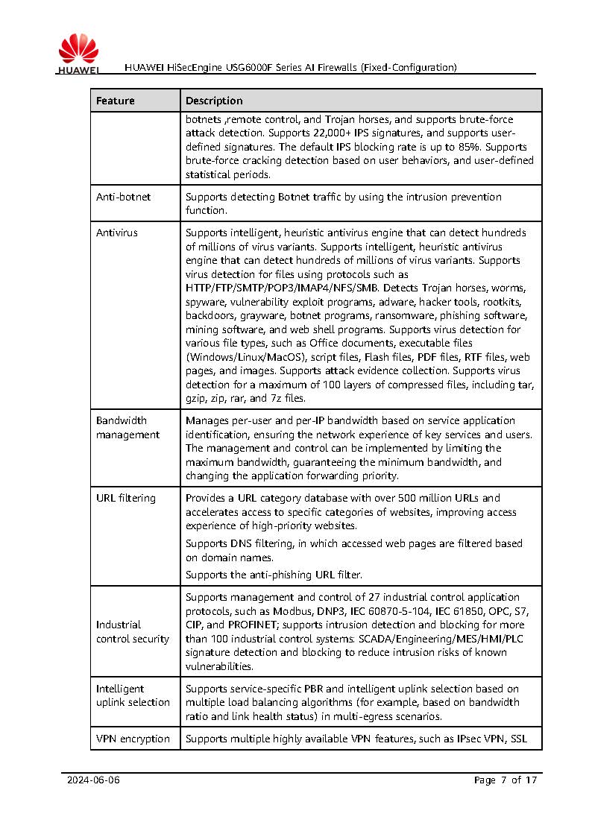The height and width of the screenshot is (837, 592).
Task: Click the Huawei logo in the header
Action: (78, 54)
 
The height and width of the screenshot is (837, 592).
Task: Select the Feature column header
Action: (116, 101)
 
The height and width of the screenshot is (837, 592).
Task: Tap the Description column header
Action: (214, 101)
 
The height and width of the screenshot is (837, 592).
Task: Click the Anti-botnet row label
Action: (123, 197)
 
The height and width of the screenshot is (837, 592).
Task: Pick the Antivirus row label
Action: (117, 233)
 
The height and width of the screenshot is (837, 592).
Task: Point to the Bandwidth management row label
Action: (127, 428)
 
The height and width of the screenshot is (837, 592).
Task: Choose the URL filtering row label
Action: (126, 498)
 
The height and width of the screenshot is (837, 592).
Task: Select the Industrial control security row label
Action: (133, 631)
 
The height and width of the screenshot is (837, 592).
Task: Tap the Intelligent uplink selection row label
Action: (133, 695)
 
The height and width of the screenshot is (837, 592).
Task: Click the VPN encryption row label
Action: (133, 739)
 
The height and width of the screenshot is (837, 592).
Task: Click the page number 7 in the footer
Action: (503, 780)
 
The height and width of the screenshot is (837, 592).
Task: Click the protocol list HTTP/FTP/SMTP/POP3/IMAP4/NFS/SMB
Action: (282, 288)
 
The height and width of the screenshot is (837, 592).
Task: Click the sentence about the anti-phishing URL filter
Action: (274, 575)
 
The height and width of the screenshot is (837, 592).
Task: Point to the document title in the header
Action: (291, 67)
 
